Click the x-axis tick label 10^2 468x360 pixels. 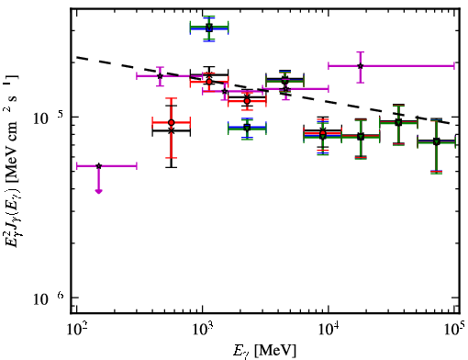[76, 330]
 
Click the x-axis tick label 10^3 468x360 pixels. [203, 330]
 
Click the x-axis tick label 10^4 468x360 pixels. [329, 330]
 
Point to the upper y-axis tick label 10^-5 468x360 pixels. [49, 118]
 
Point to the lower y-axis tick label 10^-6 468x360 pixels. [49, 298]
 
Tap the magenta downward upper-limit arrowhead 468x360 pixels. [98, 191]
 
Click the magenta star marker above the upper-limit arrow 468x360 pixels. [98, 166]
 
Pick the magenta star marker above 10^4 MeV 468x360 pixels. [361, 66]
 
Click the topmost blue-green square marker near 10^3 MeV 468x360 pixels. [209, 28]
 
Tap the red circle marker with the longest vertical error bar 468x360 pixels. [172, 123]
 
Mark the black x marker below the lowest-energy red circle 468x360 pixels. [172, 130]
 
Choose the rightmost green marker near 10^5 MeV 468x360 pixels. [437, 141]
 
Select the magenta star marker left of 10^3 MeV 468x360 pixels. [160, 76]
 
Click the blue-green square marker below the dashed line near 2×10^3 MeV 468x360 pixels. [247, 128]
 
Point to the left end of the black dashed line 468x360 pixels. [77, 57]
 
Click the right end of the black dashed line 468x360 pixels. [450, 123]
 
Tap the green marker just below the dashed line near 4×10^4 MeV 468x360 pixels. [398, 122]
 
